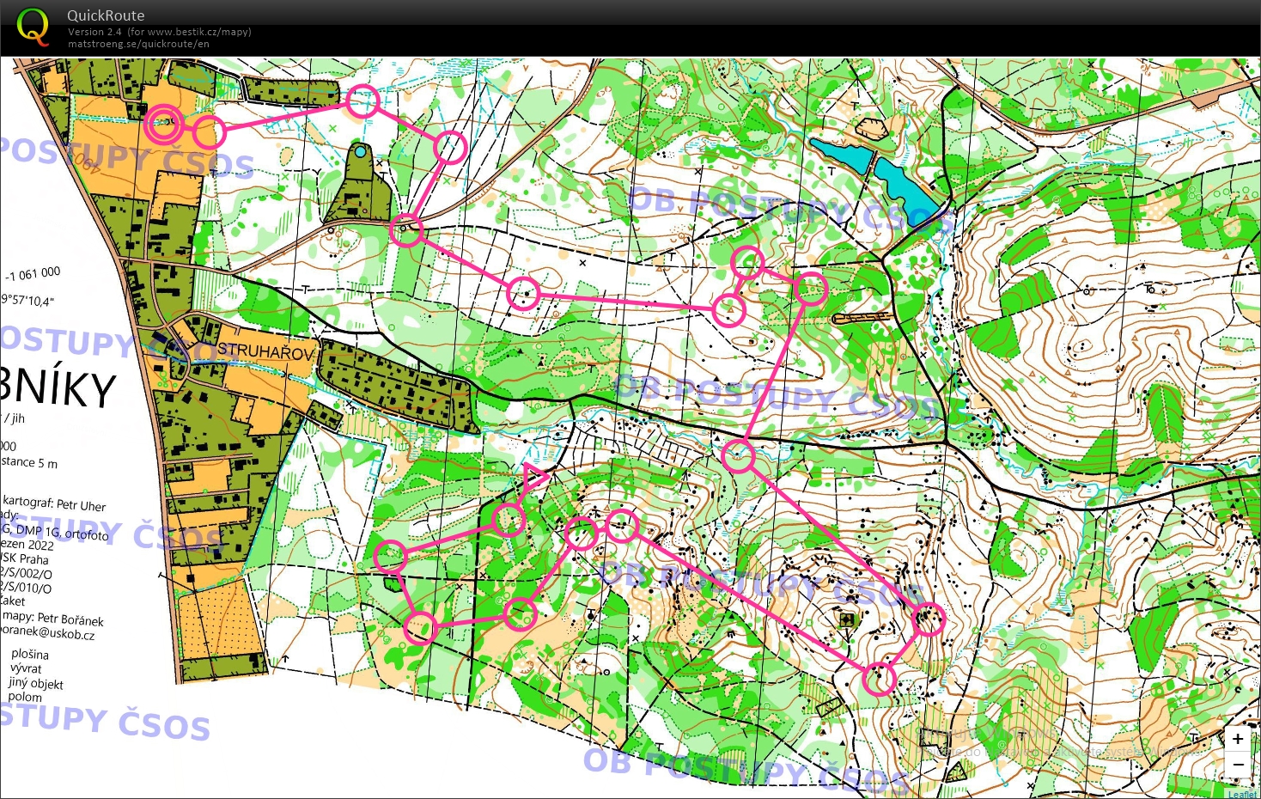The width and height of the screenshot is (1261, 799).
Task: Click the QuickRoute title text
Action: (x=106, y=15)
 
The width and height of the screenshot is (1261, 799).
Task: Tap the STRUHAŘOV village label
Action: (x=265, y=351)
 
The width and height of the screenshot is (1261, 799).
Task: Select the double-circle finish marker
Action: (x=163, y=124)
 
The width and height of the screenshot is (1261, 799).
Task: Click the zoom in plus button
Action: (x=1237, y=739)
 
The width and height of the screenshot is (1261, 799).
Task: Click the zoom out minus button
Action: (x=1237, y=764)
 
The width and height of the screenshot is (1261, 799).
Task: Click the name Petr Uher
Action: (x=81, y=505)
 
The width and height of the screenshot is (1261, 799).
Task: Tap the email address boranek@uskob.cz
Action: (x=46, y=633)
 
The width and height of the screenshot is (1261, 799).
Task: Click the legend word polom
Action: (x=25, y=697)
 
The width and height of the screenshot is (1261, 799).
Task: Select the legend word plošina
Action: (x=30, y=654)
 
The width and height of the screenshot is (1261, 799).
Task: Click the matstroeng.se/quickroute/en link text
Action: (x=138, y=44)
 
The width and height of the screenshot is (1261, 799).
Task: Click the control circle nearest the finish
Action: (x=208, y=131)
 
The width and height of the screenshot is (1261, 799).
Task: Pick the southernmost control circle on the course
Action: (x=879, y=679)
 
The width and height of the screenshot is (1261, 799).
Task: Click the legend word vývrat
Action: (x=26, y=668)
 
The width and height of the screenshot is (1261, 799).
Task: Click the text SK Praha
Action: (x=26, y=558)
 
